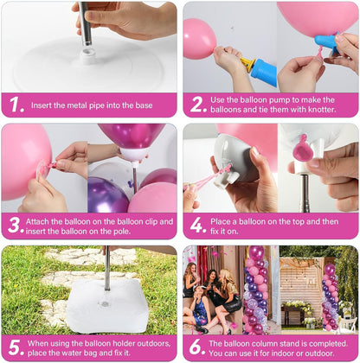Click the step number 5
pyautogui.click(x=15, y=347)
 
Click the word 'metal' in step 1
pyautogui.click(x=77, y=105)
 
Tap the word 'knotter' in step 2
pyautogui.click(x=321, y=110)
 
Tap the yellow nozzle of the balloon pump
pyautogui.click(x=247, y=62)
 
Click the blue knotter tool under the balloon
pyautogui.click(x=327, y=43)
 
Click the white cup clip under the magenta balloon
pyautogui.click(x=133, y=155)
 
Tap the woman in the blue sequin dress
pyautogui.click(x=199, y=309)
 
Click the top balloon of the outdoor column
pyautogui.click(x=329, y=270)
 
